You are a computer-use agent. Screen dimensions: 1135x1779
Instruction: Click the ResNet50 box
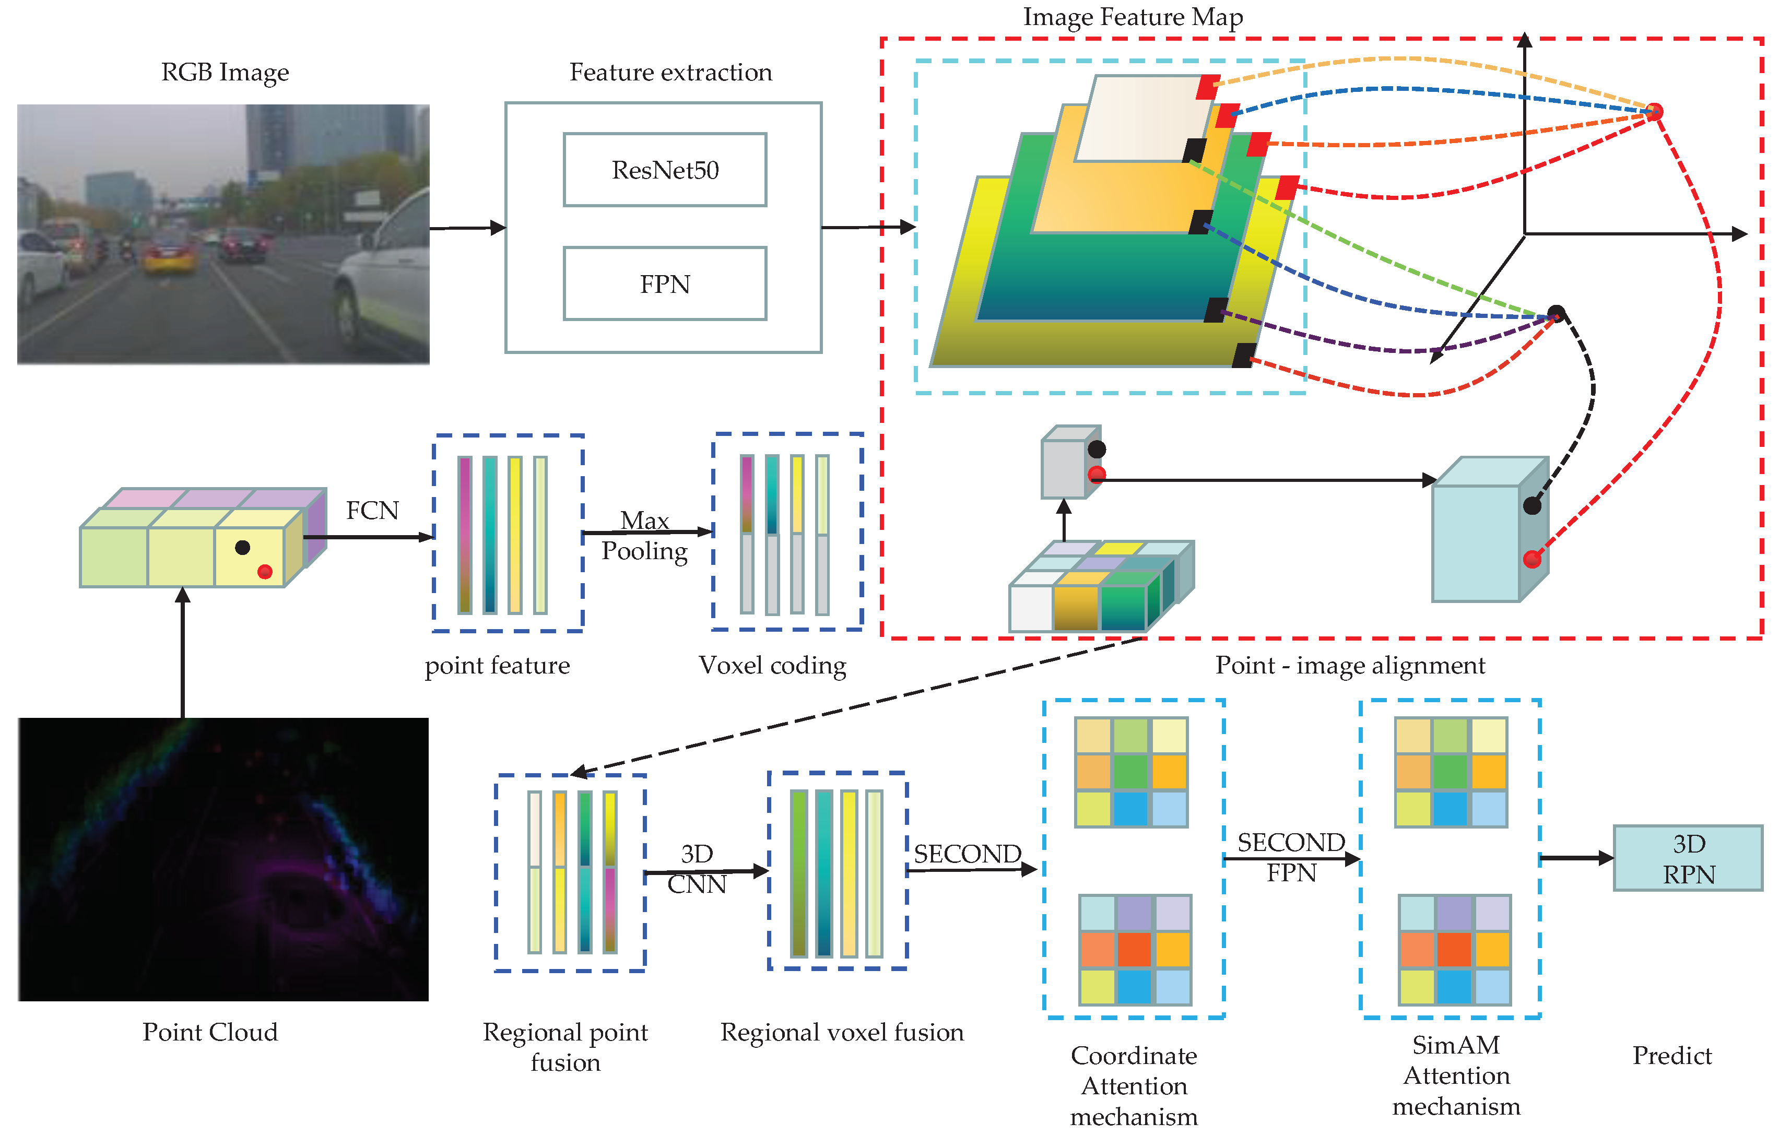click(665, 170)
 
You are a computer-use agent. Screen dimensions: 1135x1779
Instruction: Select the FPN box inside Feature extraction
click(665, 283)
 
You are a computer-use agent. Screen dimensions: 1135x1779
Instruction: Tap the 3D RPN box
click(1688, 858)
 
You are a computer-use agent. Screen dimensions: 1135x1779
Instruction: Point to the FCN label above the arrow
click(372, 510)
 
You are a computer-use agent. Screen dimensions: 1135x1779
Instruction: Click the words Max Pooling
click(644, 535)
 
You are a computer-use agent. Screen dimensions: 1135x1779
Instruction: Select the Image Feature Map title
click(1133, 16)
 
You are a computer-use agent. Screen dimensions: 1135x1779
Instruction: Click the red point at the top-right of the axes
click(1655, 112)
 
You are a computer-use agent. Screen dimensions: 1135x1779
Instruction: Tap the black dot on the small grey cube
click(1097, 449)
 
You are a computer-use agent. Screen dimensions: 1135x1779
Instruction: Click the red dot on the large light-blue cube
click(1531, 559)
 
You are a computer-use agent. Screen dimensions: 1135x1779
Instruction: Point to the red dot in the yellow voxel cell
click(265, 571)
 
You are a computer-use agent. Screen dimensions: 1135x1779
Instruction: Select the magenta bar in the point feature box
click(465, 535)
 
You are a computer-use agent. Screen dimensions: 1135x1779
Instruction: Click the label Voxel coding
click(772, 665)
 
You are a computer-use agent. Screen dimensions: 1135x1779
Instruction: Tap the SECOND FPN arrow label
click(1291, 857)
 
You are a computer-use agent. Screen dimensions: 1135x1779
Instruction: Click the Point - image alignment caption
click(1350, 665)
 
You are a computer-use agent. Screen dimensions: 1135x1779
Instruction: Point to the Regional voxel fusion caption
click(842, 1032)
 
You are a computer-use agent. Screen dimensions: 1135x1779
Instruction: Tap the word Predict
click(1672, 1055)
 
